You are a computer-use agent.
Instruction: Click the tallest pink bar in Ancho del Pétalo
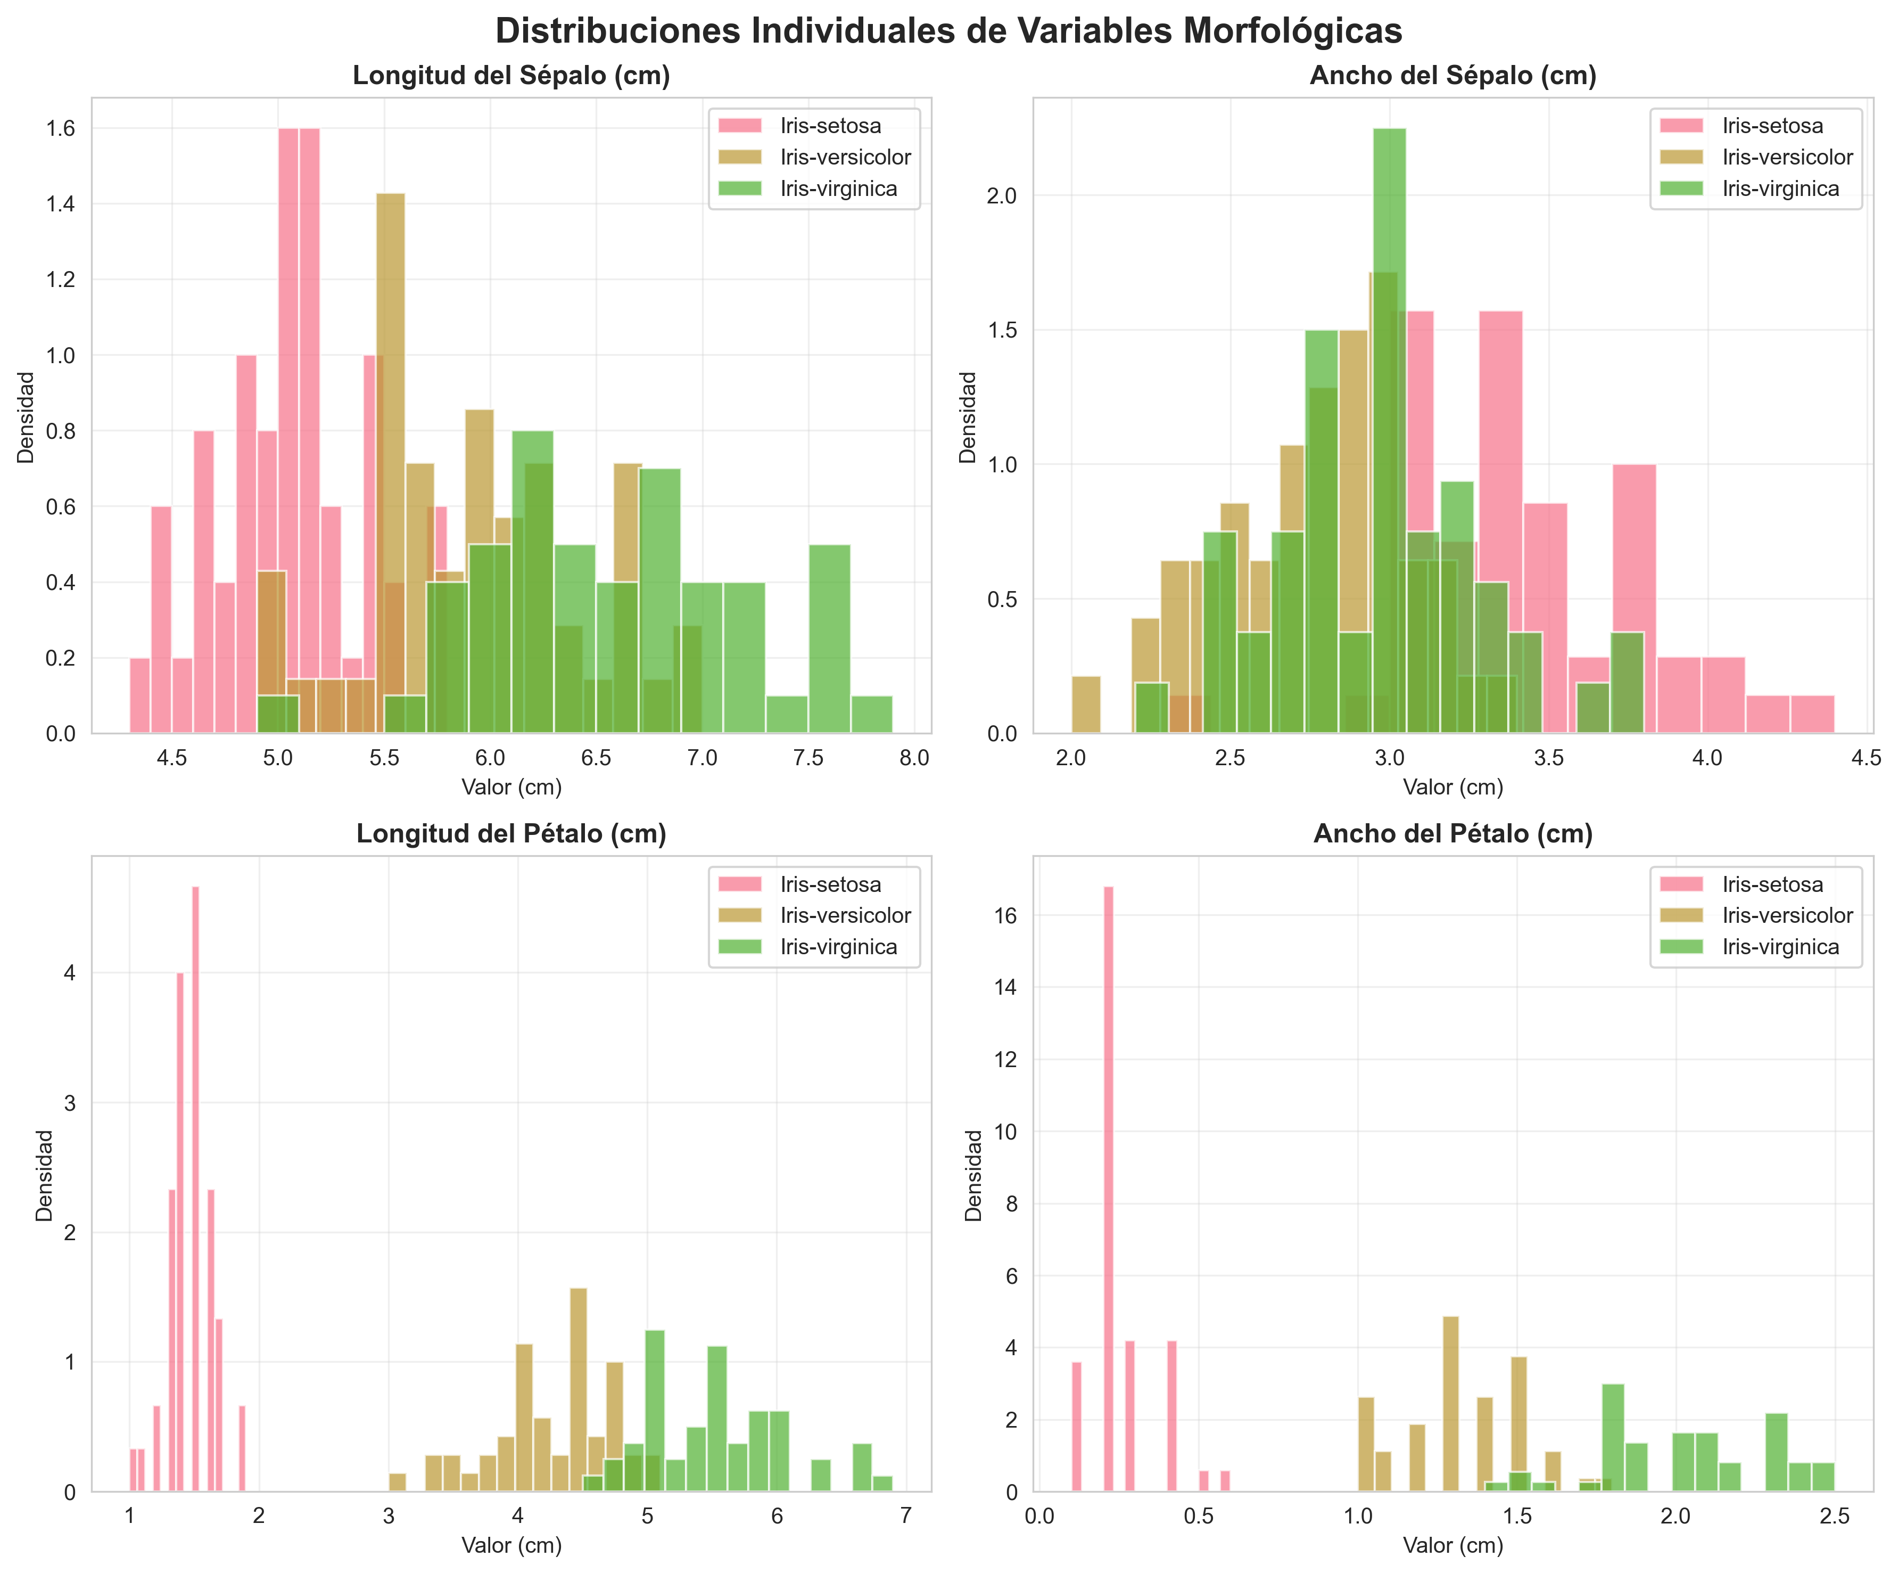pyautogui.click(x=1108, y=1175)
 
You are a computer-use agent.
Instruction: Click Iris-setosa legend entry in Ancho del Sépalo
pyautogui.click(x=1771, y=126)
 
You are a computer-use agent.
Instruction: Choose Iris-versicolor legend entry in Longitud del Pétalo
pyautogui.click(x=845, y=916)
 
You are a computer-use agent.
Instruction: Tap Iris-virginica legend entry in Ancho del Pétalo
pyautogui.click(x=1780, y=947)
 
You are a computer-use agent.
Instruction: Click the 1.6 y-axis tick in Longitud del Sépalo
pyautogui.click(x=61, y=128)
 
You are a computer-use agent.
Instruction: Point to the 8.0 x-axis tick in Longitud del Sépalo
pyautogui.click(x=914, y=758)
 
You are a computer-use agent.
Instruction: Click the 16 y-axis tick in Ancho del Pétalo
pyautogui.click(x=1005, y=916)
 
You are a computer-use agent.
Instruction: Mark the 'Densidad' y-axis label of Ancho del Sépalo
pyautogui.click(x=968, y=417)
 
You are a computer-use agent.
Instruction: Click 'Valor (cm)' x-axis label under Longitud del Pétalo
pyautogui.click(x=511, y=1545)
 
